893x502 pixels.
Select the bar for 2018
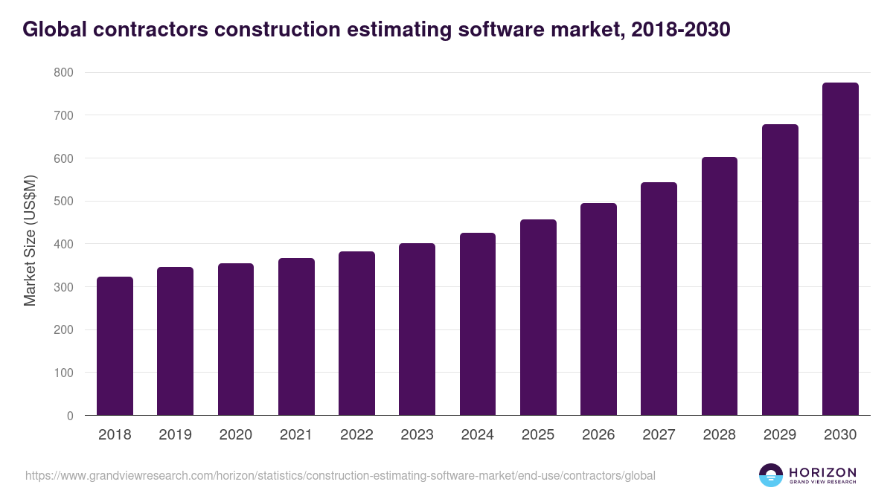tap(115, 346)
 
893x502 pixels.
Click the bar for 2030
tap(840, 249)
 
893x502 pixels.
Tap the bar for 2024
tap(478, 324)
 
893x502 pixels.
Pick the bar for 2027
tap(659, 299)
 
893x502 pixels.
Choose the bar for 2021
tap(296, 337)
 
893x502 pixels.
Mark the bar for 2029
tap(780, 270)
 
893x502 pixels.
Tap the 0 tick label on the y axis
tap(70, 416)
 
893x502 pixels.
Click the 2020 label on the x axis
tap(236, 435)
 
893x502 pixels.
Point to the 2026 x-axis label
tap(598, 435)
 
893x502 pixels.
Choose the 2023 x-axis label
tap(417, 435)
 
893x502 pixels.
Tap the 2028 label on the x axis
tap(720, 435)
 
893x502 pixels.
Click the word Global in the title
tap(54, 29)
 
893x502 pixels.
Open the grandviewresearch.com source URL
tap(340, 475)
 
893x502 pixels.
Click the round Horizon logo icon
tap(770, 475)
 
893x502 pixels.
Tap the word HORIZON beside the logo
tap(822, 472)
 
